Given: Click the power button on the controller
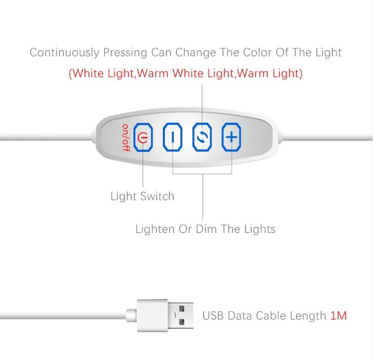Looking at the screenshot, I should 143,137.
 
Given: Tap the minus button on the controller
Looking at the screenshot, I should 173,137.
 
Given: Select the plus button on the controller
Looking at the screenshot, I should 232,137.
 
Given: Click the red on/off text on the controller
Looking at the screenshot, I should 125,137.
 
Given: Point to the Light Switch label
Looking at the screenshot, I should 142,196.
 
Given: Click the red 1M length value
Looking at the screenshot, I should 338,315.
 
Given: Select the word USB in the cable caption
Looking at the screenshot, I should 213,315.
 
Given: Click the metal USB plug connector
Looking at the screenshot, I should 181,315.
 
